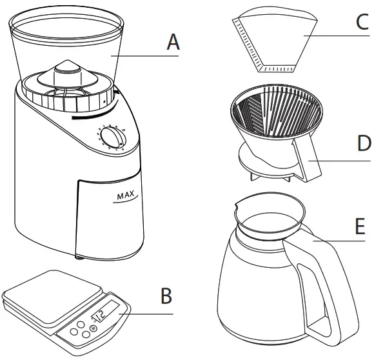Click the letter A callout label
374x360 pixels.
173,42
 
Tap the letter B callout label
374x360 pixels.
166,296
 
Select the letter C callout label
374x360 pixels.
362,22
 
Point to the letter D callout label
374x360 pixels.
364,143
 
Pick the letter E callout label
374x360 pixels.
360,226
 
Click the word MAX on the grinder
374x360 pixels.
126,195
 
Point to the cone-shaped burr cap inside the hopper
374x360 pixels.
68,74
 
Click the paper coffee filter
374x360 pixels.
275,40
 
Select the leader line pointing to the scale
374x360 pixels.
146,314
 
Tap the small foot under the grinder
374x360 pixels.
79,257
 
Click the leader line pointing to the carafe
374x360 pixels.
339,241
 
